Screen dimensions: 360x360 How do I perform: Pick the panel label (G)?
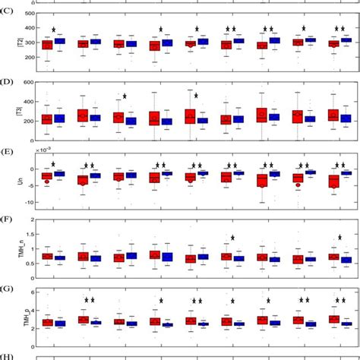8,288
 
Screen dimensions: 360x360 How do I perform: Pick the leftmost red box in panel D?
47,118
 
